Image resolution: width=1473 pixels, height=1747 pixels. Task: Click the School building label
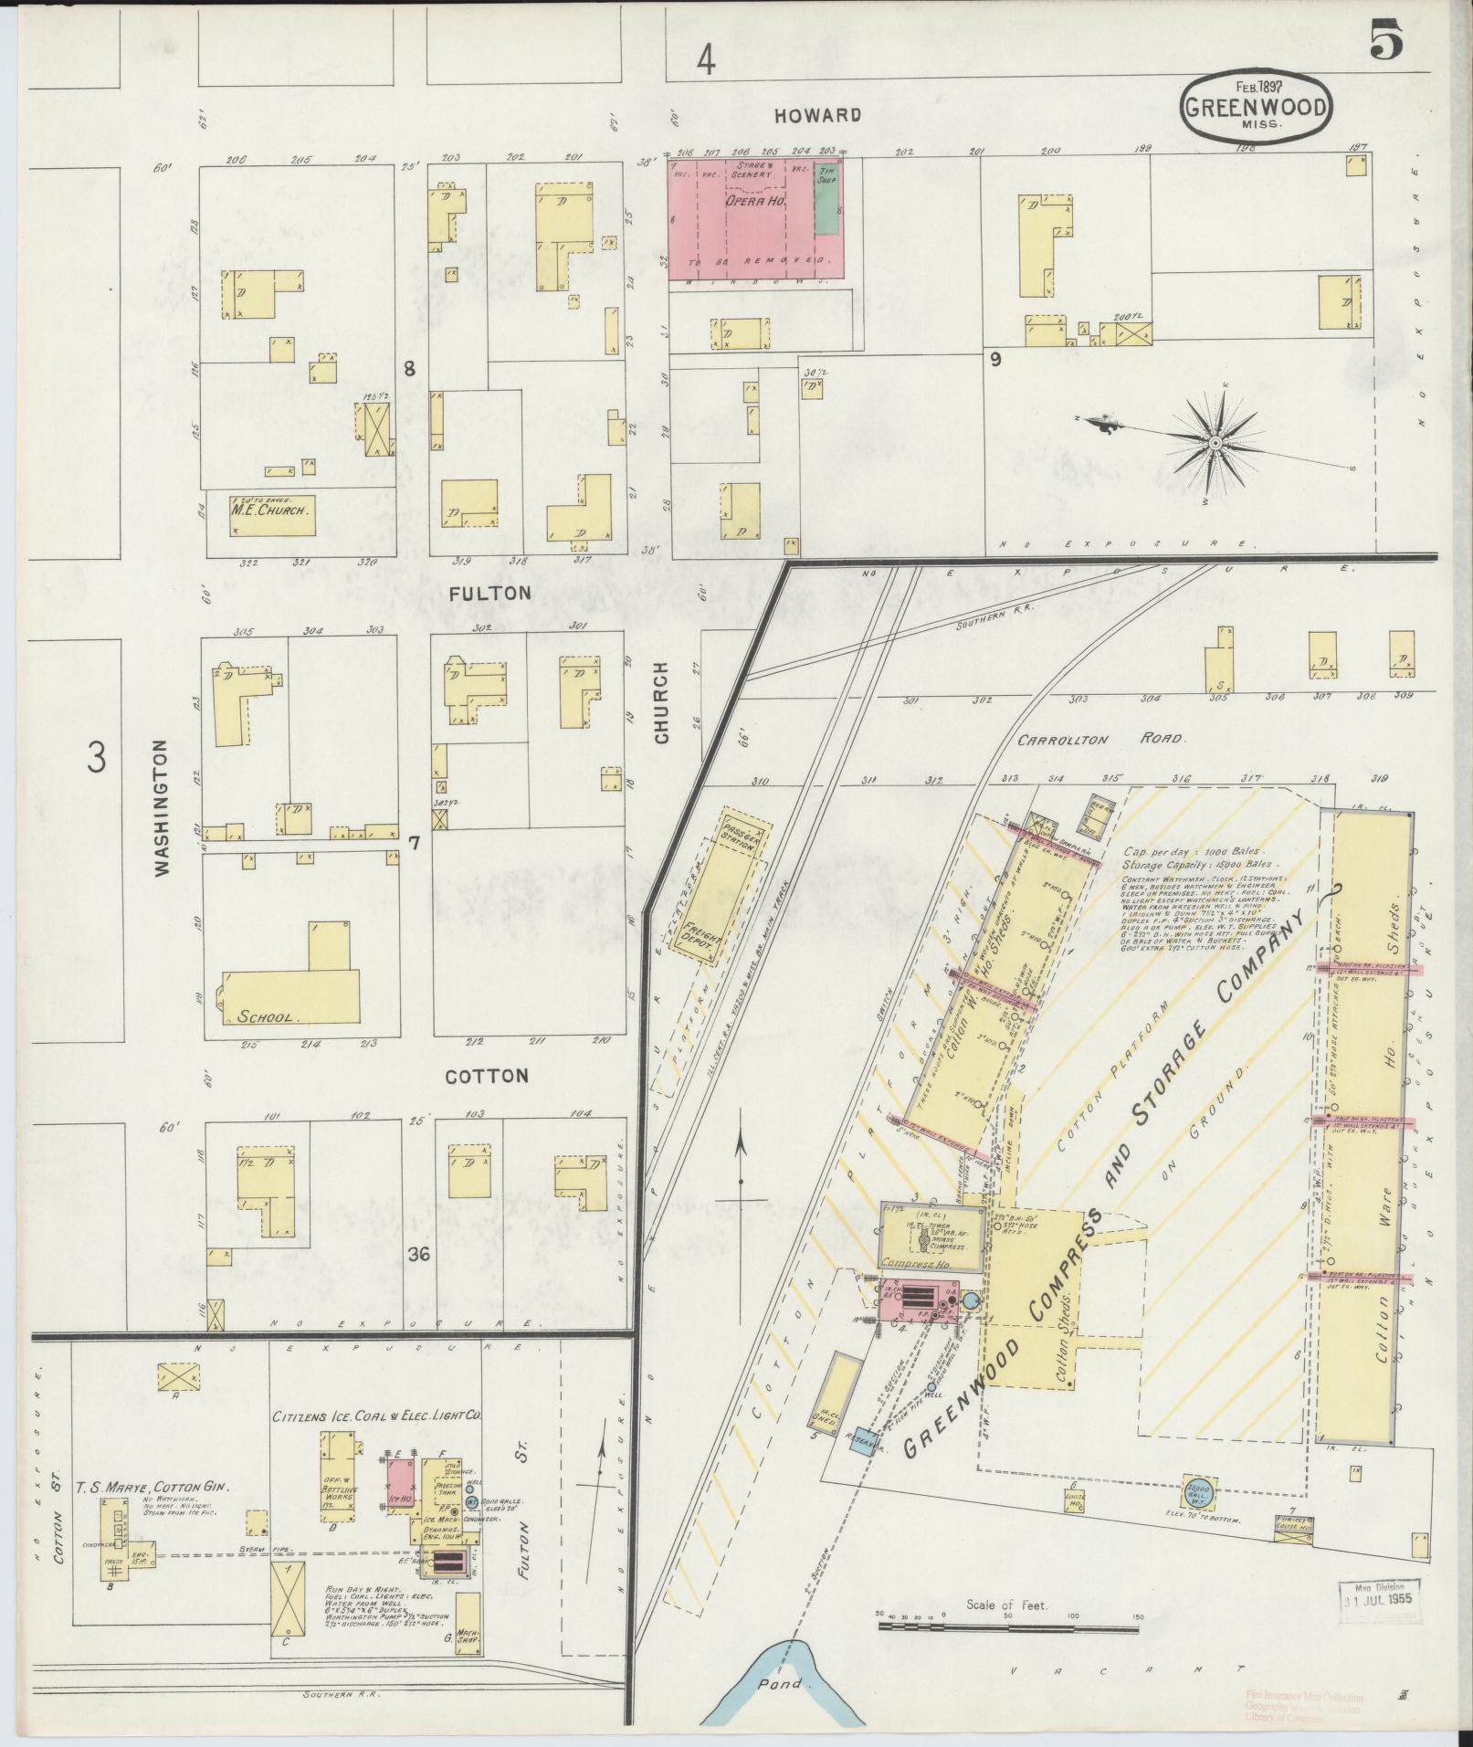pos(264,1016)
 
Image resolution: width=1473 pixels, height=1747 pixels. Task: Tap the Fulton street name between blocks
pos(489,593)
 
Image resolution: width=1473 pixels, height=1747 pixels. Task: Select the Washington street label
pos(163,807)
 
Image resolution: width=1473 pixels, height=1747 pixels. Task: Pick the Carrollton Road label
pos(1099,740)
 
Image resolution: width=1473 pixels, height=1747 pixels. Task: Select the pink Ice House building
pos(398,1489)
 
